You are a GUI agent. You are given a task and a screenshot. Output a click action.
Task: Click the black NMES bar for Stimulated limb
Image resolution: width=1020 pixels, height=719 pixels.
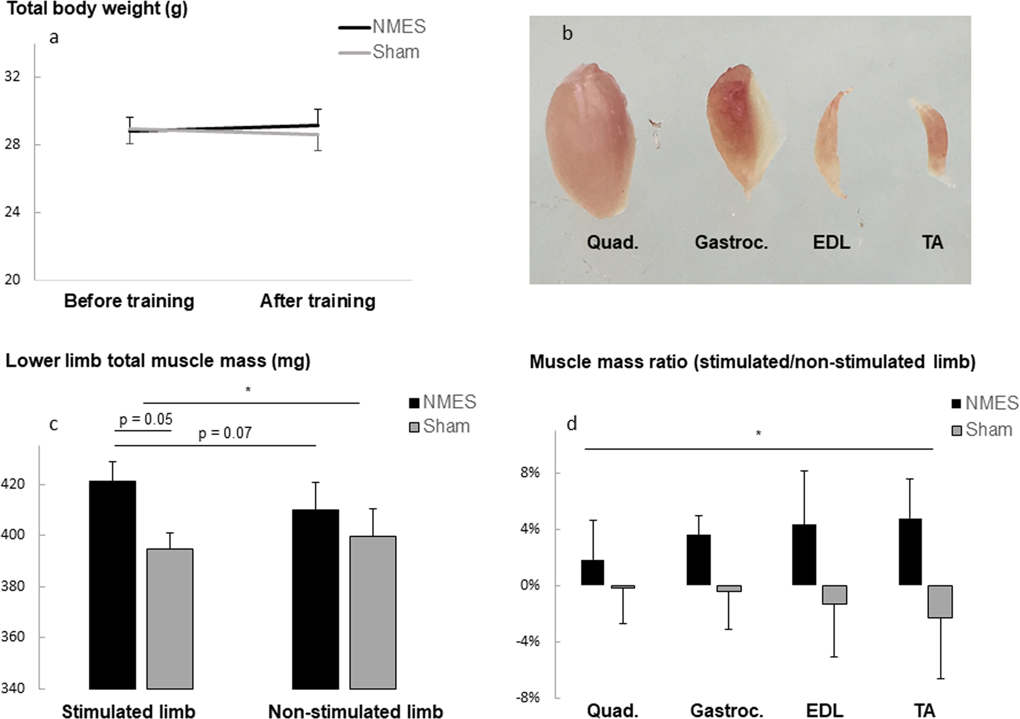click(x=112, y=584)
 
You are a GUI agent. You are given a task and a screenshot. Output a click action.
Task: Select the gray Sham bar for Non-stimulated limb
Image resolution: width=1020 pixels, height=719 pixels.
click(x=373, y=612)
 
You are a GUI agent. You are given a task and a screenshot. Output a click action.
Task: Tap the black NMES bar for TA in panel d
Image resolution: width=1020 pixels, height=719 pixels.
click(x=910, y=552)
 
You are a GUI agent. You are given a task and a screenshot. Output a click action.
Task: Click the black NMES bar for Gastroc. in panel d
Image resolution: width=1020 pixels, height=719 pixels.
click(x=698, y=560)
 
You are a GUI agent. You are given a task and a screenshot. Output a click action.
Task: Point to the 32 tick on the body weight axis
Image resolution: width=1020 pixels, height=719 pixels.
click(x=12, y=77)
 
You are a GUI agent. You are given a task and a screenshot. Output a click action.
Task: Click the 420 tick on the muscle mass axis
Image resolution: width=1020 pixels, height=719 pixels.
click(x=12, y=484)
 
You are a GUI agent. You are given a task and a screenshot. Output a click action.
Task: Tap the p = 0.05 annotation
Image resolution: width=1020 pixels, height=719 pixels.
click(x=146, y=420)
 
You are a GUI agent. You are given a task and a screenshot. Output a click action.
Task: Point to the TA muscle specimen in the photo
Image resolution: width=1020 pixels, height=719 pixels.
click(x=932, y=142)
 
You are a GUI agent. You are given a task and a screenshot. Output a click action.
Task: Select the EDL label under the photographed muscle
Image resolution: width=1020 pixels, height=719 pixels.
click(x=831, y=242)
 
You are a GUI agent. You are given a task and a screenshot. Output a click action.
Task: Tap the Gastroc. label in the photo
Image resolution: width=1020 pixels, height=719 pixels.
click(x=731, y=242)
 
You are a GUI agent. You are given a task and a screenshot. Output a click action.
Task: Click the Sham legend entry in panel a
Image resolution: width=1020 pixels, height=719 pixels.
click(x=395, y=52)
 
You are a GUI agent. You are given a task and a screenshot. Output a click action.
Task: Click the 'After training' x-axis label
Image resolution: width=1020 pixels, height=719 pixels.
click(x=317, y=301)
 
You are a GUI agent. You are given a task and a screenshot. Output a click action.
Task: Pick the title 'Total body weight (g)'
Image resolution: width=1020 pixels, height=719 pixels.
click(x=94, y=9)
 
